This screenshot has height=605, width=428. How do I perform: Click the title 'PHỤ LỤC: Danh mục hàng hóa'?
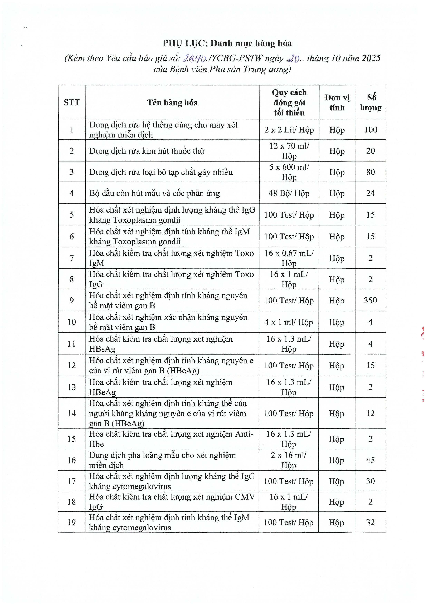[x=227, y=43]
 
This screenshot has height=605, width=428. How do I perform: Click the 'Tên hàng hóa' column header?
[x=172, y=102]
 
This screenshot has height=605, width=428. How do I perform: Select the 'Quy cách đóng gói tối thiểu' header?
[x=289, y=102]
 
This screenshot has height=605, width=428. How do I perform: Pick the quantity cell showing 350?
[x=370, y=300]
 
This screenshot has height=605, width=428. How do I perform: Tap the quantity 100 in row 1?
[x=371, y=130]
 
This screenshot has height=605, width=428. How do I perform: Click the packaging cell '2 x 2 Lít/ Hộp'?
[x=289, y=130]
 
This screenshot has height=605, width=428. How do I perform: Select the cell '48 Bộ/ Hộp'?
[x=289, y=193]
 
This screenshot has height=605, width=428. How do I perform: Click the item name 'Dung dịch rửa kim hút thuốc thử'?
[x=147, y=151]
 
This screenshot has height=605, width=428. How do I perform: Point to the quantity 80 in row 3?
[x=371, y=172]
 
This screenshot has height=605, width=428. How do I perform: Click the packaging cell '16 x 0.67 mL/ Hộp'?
[x=289, y=258]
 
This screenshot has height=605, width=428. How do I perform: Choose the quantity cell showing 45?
[x=370, y=460]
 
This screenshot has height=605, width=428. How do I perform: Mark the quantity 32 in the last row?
[x=370, y=522]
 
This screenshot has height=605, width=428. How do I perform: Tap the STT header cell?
[x=72, y=102]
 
